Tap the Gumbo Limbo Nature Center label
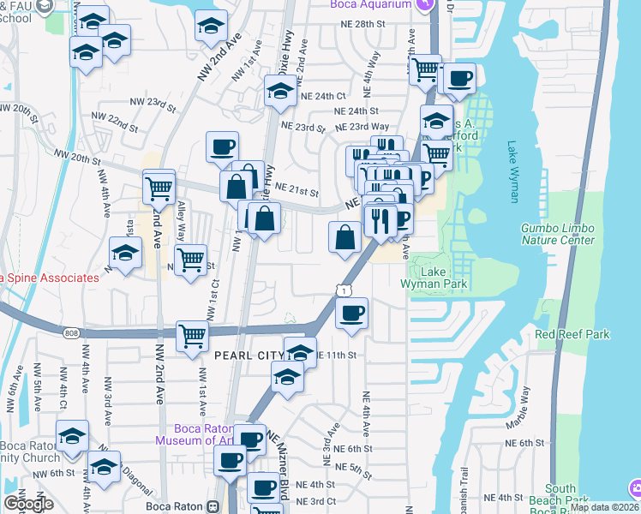point(558,234)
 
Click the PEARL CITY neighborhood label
point(249,355)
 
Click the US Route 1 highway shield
point(344,292)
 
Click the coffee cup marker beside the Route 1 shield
point(351,314)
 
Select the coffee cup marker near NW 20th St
point(223,146)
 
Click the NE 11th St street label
point(337,355)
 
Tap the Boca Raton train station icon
point(213,506)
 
